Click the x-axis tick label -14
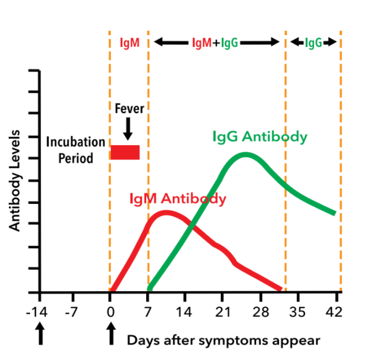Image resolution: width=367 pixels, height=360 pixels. [x=39, y=313]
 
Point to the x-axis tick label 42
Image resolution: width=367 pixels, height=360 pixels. [x=334, y=313]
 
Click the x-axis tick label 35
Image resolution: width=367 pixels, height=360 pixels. [x=298, y=313]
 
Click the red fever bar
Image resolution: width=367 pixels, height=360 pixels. [x=125, y=152]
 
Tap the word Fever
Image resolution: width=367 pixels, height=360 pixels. [x=129, y=109]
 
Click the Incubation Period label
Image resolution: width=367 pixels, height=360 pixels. [x=76, y=150]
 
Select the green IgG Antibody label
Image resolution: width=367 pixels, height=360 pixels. [x=260, y=137]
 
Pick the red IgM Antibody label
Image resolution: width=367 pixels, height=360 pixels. [x=177, y=199]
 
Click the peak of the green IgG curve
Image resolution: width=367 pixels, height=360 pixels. [x=246, y=155]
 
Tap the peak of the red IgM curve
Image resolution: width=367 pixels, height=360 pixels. [x=166, y=213]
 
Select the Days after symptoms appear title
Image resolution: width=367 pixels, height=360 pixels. [x=223, y=340]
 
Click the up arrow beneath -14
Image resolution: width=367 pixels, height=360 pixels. [x=40, y=335]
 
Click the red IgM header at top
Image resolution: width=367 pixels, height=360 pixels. [x=129, y=42]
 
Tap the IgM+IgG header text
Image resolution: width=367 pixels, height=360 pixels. [x=215, y=42]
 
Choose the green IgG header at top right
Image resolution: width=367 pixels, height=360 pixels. [x=313, y=42]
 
